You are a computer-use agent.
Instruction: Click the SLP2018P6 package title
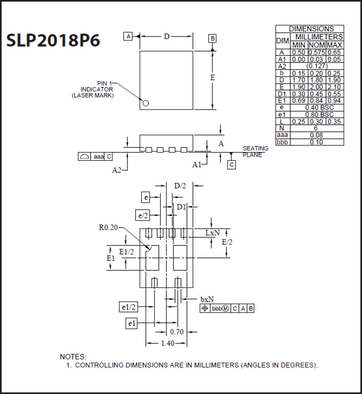click(x=53, y=41)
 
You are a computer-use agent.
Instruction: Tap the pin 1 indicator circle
click(x=145, y=103)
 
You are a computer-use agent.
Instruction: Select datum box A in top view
click(x=128, y=36)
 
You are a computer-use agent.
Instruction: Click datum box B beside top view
click(x=212, y=39)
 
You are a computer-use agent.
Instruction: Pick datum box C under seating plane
click(x=231, y=165)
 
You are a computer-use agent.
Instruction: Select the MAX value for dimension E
click(x=334, y=87)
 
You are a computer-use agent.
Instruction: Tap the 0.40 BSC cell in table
click(x=317, y=107)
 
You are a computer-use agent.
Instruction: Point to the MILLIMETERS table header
click(x=318, y=37)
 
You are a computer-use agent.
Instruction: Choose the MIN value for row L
click(x=298, y=121)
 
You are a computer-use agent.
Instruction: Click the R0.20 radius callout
click(x=108, y=227)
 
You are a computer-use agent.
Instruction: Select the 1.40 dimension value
click(x=168, y=343)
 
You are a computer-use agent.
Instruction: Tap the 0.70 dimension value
click(x=177, y=332)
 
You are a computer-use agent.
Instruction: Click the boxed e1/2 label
click(x=128, y=307)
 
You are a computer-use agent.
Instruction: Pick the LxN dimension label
click(x=212, y=232)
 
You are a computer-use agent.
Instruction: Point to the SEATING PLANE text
click(x=255, y=151)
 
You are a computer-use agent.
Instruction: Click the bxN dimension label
click(x=207, y=299)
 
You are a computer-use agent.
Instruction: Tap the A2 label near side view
click(x=116, y=170)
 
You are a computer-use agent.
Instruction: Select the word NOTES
click(x=73, y=357)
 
